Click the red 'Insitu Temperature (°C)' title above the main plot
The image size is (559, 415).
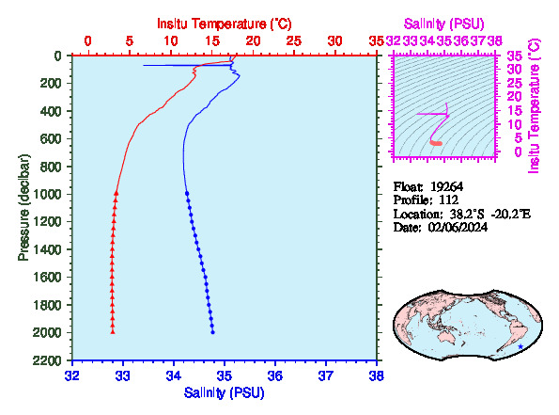point(225,24)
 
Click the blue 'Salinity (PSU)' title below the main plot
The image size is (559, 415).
point(224,392)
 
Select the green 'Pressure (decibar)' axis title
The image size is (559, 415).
point(23,207)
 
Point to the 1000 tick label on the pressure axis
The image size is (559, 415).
point(47,194)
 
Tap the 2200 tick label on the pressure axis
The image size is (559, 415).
point(47,360)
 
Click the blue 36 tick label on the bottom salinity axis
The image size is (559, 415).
point(275,375)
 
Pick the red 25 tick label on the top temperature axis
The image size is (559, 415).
point(294,41)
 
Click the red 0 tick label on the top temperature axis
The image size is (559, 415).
point(87,41)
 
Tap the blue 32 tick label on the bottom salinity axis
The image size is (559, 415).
point(72,375)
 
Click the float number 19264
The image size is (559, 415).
point(446,186)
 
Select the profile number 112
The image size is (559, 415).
point(448,200)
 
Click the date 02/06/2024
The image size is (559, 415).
point(458,228)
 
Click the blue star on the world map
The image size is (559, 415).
point(520,346)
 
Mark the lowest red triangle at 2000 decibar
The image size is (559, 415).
point(113,331)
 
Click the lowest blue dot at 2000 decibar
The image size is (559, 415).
point(213,332)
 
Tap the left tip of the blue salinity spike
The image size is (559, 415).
point(144,65)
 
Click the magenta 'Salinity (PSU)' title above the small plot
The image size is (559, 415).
point(443,24)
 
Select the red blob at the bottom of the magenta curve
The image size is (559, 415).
point(436,143)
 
